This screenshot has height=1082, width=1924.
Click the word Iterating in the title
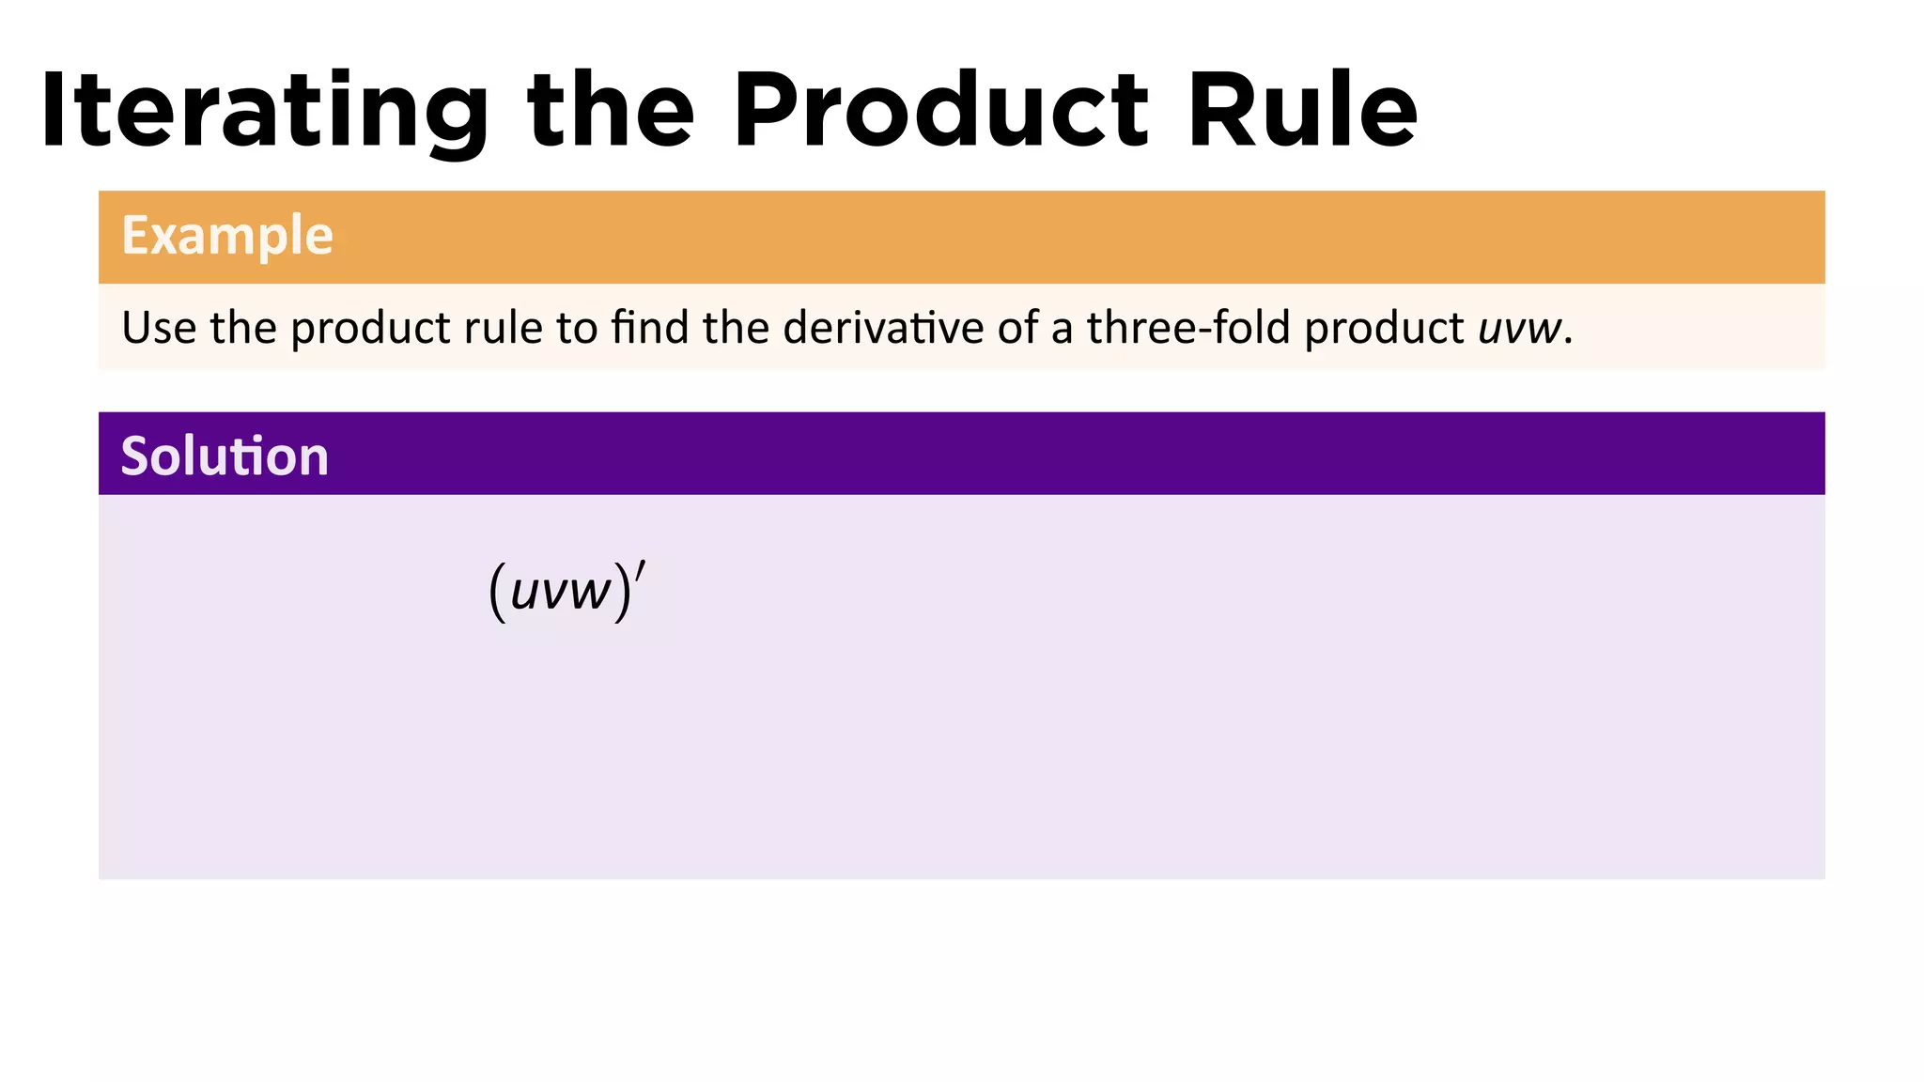tap(264, 111)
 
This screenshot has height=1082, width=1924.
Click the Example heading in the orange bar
tap(227, 235)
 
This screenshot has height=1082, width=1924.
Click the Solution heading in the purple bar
tap(225, 456)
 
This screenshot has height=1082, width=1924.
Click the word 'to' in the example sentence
tap(577, 328)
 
